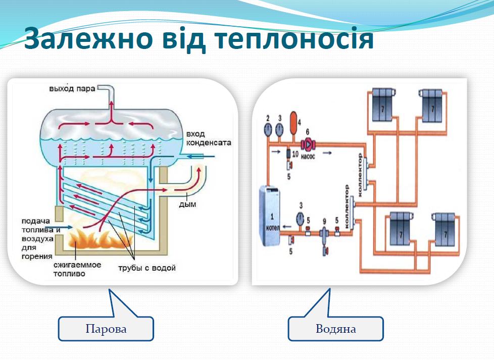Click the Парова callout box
(106, 329)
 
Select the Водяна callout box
(335, 329)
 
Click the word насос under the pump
(308, 156)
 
